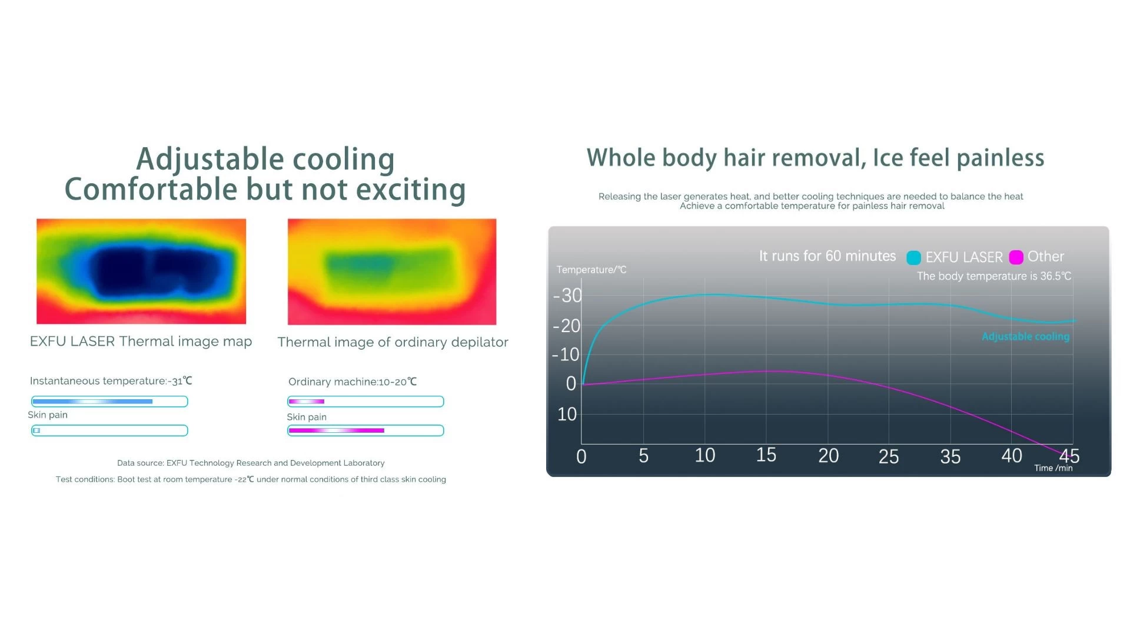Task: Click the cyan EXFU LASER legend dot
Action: (913, 257)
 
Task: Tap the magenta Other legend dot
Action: (1016, 257)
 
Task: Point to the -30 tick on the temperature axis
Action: (567, 296)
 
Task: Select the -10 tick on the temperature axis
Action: (566, 355)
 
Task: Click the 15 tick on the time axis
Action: (766, 455)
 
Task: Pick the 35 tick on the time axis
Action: (950, 457)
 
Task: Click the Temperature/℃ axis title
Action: (591, 270)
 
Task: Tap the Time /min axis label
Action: (1053, 468)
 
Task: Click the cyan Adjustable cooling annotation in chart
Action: (1026, 336)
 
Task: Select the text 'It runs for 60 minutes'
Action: (827, 256)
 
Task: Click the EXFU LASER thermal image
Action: (141, 271)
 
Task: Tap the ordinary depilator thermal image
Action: (392, 271)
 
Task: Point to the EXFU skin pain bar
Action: (109, 430)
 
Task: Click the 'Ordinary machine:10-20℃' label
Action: (353, 382)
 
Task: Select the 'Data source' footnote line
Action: (251, 463)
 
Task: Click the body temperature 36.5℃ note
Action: (994, 276)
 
